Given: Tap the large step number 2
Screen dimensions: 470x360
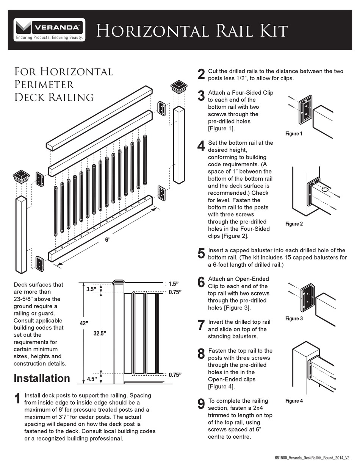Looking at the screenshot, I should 201,74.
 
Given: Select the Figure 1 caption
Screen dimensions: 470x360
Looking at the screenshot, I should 294,134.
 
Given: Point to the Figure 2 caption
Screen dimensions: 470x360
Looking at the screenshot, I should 294,224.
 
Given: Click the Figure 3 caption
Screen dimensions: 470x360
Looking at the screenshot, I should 294,319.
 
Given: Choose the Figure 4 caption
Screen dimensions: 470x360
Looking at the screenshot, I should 294,401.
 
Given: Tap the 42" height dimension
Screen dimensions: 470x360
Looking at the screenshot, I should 84,323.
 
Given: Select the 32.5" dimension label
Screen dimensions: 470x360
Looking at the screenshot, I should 100,333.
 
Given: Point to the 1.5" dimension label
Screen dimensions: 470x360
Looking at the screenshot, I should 174,284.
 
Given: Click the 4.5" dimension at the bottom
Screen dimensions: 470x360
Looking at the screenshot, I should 92,378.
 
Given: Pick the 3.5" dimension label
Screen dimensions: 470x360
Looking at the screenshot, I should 91,289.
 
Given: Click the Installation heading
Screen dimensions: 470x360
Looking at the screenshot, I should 42,378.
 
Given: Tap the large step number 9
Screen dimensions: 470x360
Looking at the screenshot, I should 201,404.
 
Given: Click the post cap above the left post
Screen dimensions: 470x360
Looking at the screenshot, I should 22,176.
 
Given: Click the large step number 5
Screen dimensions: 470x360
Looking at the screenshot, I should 201,253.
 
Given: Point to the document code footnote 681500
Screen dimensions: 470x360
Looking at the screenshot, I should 311,458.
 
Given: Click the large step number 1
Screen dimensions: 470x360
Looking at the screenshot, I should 17,399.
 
